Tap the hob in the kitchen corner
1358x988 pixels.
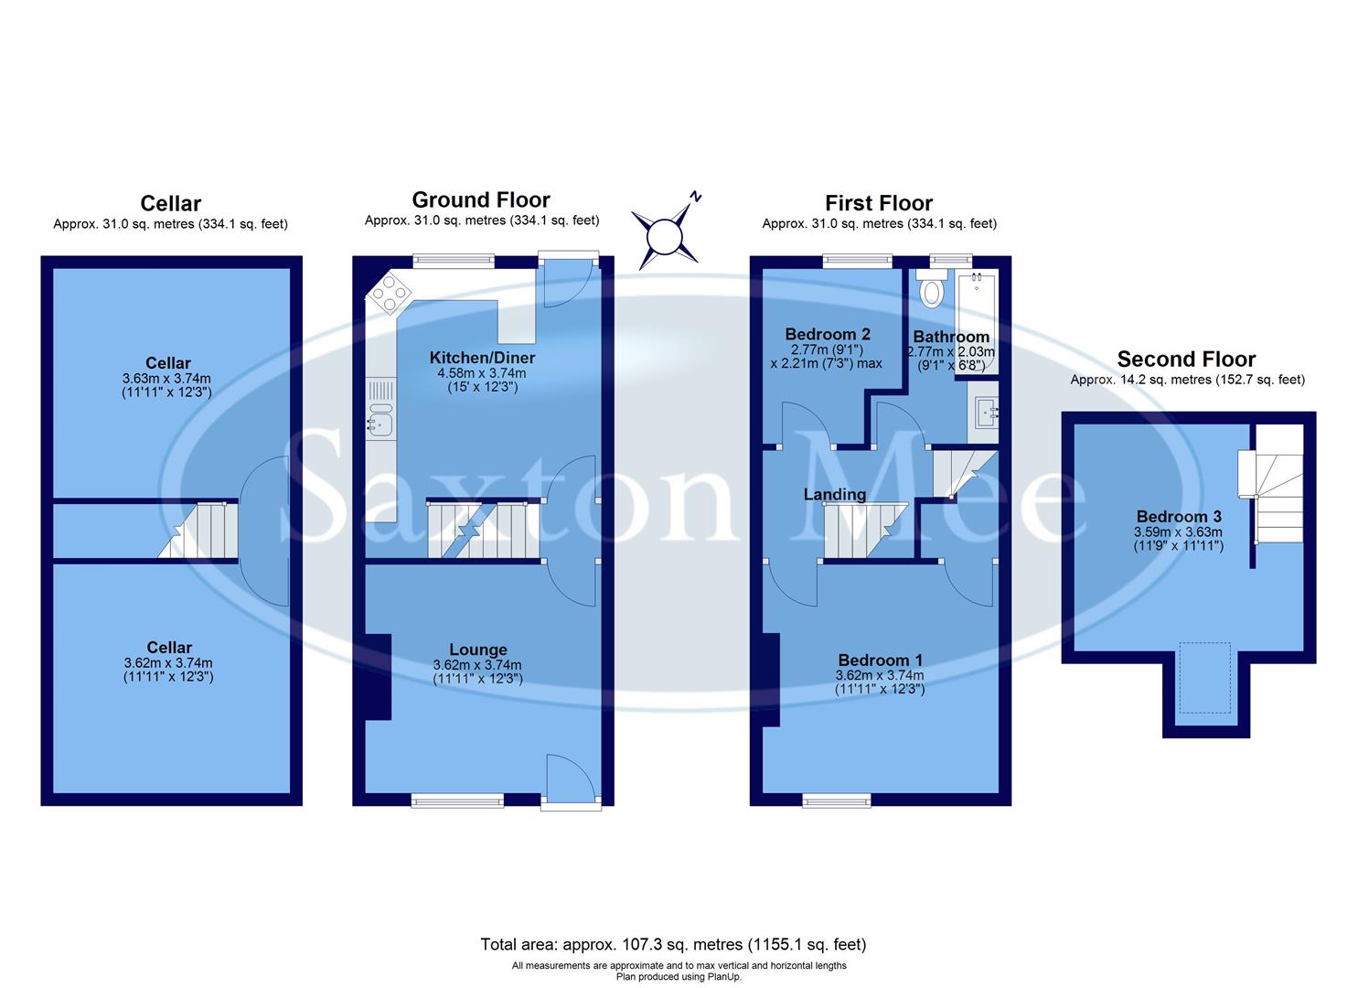pyautogui.click(x=389, y=292)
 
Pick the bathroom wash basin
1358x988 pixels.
pyautogui.click(x=985, y=413)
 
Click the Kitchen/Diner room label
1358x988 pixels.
pyautogui.click(x=480, y=358)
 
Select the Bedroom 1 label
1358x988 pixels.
pyautogui.click(x=880, y=660)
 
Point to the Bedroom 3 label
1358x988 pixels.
pyautogui.click(x=1178, y=517)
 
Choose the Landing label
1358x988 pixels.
pyautogui.click(x=834, y=495)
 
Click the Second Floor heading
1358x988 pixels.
pyautogui.click(x=1186, y=359)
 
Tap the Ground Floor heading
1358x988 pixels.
pyautogui.click(x=481, y=199)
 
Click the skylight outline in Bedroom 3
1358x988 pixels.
pyautogui.click(x=1205, y=677)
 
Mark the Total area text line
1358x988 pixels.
pyautogui.click(x=673, y=944)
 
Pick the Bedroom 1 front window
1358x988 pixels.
pyautogui.click(x=837, y=800)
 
